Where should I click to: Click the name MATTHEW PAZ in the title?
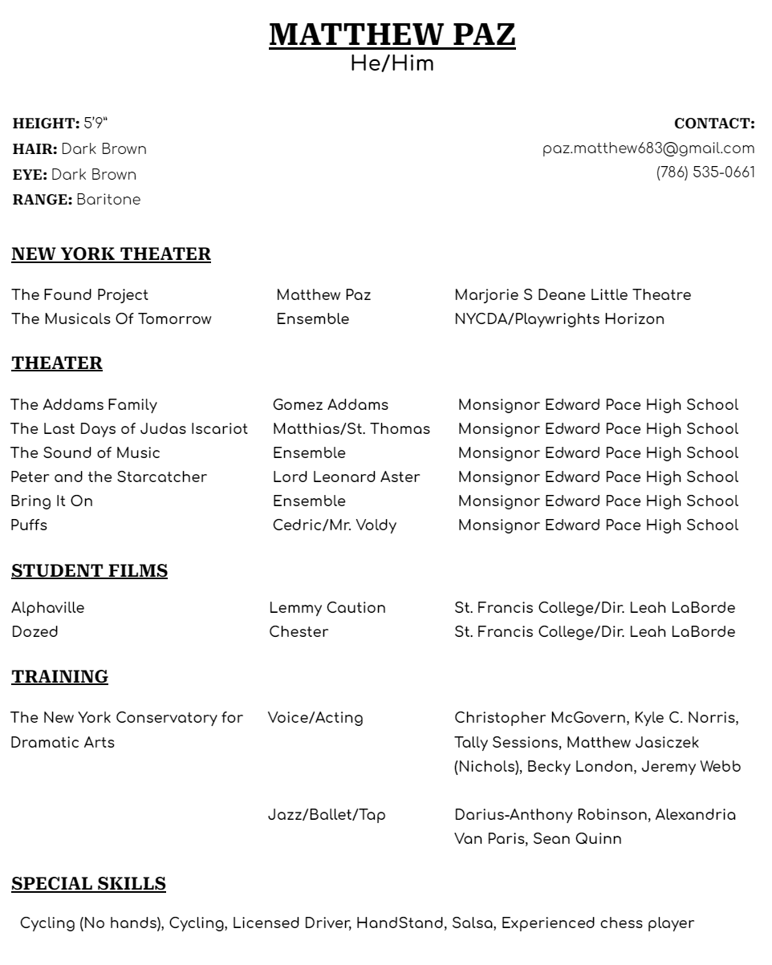pyautogui.click(x=392, y=35)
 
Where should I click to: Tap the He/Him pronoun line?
pyautogui.click(x=392, y=64)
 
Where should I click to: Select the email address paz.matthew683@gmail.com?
pyautogui.click(x=648, y=148)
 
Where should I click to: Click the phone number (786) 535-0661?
pyautogui.click(x=705, y=172)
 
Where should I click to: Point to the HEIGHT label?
pyautogui.click(x=46, y=124)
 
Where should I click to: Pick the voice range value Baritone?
pyautogui.click(x=108, y=200)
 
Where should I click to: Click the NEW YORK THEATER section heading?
pyautogui.click(x=111, y=254)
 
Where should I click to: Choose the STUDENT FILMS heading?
pyautogui.click(x=89, y=571)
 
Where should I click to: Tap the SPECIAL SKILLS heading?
pyautogui.click(x=88, y=884)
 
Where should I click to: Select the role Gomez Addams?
pyautogui.click(x=330, y=405)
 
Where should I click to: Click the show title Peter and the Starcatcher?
pyautogui.click(x=108, y=477)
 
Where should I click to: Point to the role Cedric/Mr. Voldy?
pyautogui.click(x=334, y=525)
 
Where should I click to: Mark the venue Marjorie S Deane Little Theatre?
pyautogui.click(x=572, y=295)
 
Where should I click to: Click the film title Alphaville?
pyautogui.click(x=47, y=608)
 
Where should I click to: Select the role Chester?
pyautogui.click(x=299, y=632)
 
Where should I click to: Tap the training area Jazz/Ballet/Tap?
pyautogui.click(x=326, y=815)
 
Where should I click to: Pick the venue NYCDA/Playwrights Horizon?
pyautogui.click(x=559, y=319)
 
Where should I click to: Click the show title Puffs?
pyautogui.click(x=29, y=525)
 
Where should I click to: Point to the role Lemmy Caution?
pyautogui.click(x=327, y=608)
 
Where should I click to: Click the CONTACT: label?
pyautogui.click(x=714, y=124)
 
